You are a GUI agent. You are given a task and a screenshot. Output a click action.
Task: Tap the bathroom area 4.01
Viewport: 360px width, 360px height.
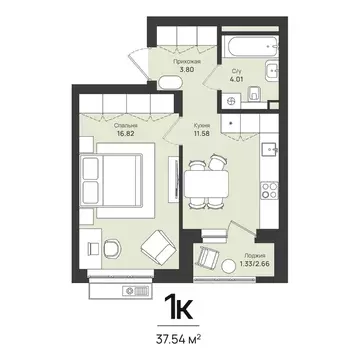[236, 80]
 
